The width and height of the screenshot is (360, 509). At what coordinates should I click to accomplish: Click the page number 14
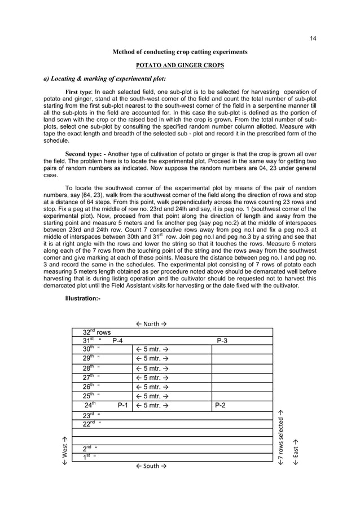(x=314, y=38)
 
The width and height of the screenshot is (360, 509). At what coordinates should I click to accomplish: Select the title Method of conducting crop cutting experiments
(x=180, y=52)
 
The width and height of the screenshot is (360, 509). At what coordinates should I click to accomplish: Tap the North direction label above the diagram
(x=151, y=323)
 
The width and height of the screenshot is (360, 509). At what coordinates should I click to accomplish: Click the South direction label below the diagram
(x=151, y=466)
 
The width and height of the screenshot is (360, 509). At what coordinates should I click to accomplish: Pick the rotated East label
(x=296, y=451)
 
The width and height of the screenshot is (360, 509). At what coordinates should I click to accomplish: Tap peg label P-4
(x=120, y=341)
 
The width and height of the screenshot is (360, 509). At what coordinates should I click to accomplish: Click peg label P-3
(x=222, y=341)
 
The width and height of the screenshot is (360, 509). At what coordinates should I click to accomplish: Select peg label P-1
(x=123, y=405)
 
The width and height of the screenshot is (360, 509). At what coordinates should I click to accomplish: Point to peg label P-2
(x=221, y=405)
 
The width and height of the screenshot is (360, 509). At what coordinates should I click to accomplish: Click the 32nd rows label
(x=97, y=332)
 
